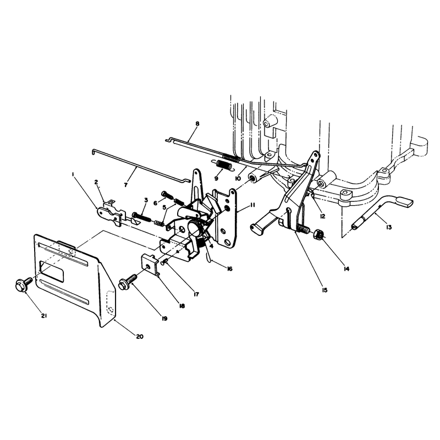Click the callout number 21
pyautogui.click(x=44, y=316)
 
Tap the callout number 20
pyautogui.click(x=140, y=337)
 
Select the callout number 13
pyautogui.click(x=389, y=227)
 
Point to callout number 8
pyautogui.click(x=197, y=123)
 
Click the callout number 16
pyautogui.click(x=229, y=269)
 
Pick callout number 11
pyautogui.click(x=252, y=205)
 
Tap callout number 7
pyautogui.click(x=125, y=185)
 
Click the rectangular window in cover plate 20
pyautogui.click(x=52, y=272)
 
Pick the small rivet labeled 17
pyautogui.click(x=164, y=262)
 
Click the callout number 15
pyautogui.click(x=324, y=290)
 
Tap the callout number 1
pyautogui.click(x=73, y=174)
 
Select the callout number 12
pyautogui.click(x=322, y=216)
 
